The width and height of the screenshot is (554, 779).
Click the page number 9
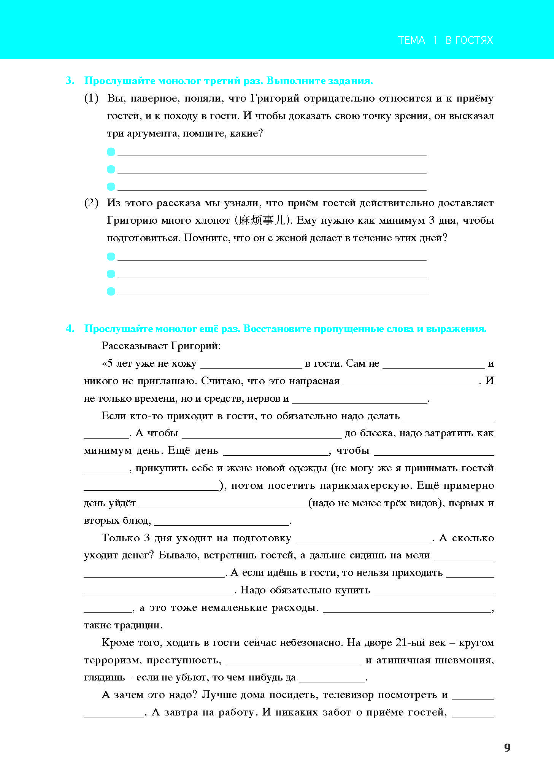507,747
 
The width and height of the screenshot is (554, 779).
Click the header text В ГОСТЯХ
469,40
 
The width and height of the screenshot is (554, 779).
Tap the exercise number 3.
70,81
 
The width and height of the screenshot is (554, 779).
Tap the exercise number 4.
70,329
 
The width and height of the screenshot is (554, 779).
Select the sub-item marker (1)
91,99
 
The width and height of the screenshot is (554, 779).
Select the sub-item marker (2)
91,203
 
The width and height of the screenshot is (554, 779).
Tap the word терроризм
112,660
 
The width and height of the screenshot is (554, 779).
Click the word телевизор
348,695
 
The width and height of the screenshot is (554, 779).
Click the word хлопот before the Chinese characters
213,220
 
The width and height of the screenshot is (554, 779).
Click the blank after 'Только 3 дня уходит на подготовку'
364,539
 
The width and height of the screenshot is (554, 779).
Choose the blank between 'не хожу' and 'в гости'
251,364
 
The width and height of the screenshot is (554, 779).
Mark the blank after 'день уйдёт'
222,504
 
